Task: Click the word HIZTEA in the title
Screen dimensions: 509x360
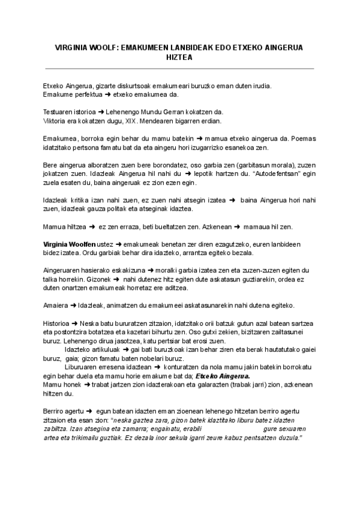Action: pyautogui.click(x=180, y=58)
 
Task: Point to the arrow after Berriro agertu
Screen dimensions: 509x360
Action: pyautogui.click(x=88, y=411)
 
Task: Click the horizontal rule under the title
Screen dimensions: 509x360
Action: pyautogui.click(x=180, y=68)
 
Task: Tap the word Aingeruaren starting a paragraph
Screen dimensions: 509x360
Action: pyautogui.click(x=65, y=271)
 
